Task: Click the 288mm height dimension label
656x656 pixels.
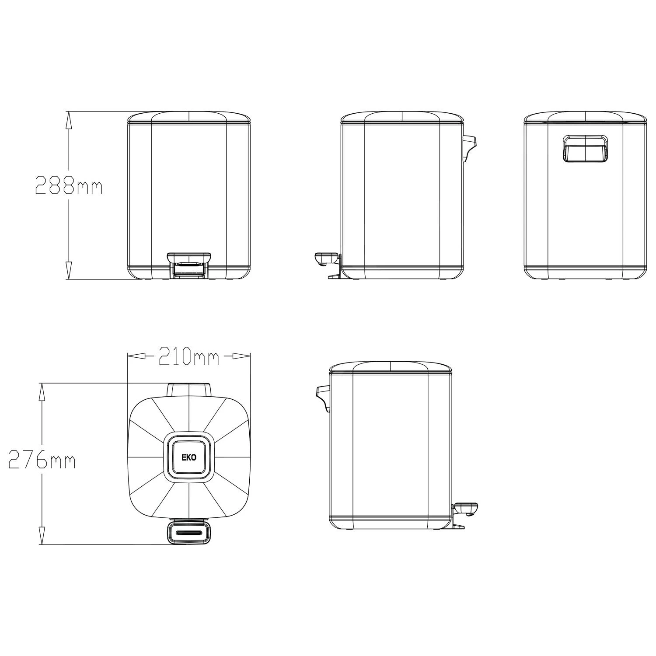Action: [69, 185]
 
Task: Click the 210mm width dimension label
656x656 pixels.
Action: [188, 356]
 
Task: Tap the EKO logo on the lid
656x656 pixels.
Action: [189, 457]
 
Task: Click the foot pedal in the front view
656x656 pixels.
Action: [189, 264]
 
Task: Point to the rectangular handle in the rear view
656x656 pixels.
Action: [585, 149]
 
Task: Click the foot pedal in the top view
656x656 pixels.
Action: [189, 532]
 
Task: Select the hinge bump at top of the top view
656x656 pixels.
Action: [189, 389]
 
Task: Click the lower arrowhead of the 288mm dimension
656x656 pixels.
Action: [68, 271]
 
